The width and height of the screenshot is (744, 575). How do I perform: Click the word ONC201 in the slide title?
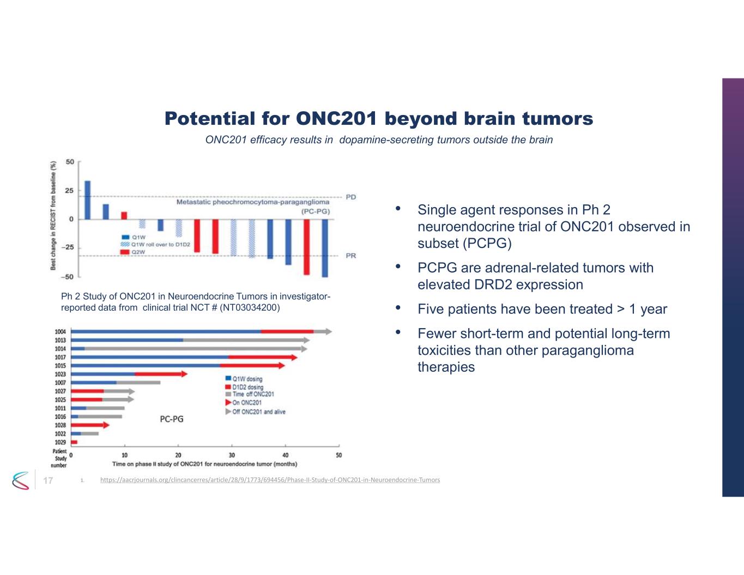336,118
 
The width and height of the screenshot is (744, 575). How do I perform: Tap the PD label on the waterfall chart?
350,197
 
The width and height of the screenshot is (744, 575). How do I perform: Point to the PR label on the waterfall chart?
350,256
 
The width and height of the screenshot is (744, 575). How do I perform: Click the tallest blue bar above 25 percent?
88,200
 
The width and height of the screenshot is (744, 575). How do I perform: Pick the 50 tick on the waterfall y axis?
70,162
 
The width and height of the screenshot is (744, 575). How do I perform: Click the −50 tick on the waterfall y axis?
68,277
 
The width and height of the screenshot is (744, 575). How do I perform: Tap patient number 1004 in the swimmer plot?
60,331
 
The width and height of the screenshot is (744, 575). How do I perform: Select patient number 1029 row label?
60,442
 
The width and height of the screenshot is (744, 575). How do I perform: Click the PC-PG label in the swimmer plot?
171,419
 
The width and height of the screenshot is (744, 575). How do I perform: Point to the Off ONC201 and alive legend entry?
258,411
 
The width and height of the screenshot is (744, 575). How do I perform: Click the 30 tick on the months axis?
232,455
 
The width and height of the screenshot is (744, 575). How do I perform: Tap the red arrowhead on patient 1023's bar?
184,374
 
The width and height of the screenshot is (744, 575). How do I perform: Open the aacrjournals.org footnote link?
270,480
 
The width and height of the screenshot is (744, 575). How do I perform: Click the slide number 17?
48,480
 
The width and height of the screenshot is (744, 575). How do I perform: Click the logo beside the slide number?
20,480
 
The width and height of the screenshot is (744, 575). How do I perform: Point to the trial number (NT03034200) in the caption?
250,307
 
